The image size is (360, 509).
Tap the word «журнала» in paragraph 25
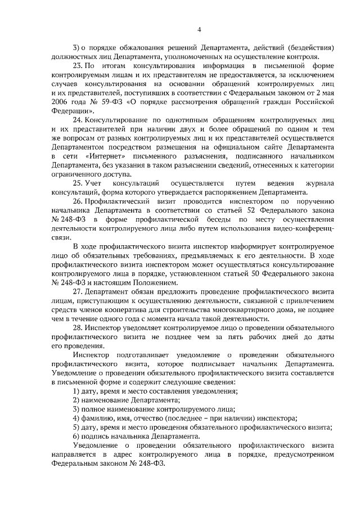318,184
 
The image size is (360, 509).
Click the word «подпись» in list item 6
97,436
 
